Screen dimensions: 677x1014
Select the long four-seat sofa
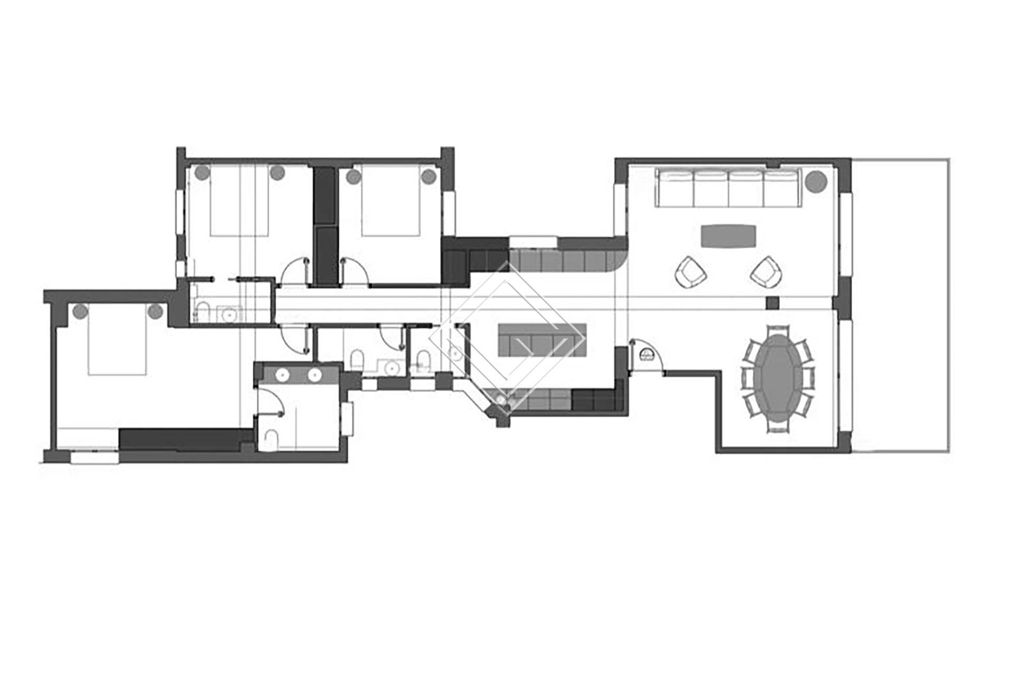(x=728, y=187)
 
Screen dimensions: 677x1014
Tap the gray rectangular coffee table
(x=728, y=236)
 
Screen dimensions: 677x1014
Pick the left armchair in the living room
(x=691, y=272)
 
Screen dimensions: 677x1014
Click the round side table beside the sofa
(x=816, y=181)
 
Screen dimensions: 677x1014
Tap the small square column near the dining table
(x=773, y=303)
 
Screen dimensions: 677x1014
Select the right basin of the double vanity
(x=315, y=374)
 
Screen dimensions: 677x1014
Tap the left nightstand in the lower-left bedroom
(x=80, y=312)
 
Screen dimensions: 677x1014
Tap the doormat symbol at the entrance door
(x=646, y=354)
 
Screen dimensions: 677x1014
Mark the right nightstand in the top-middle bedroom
(x=428, y=175)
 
